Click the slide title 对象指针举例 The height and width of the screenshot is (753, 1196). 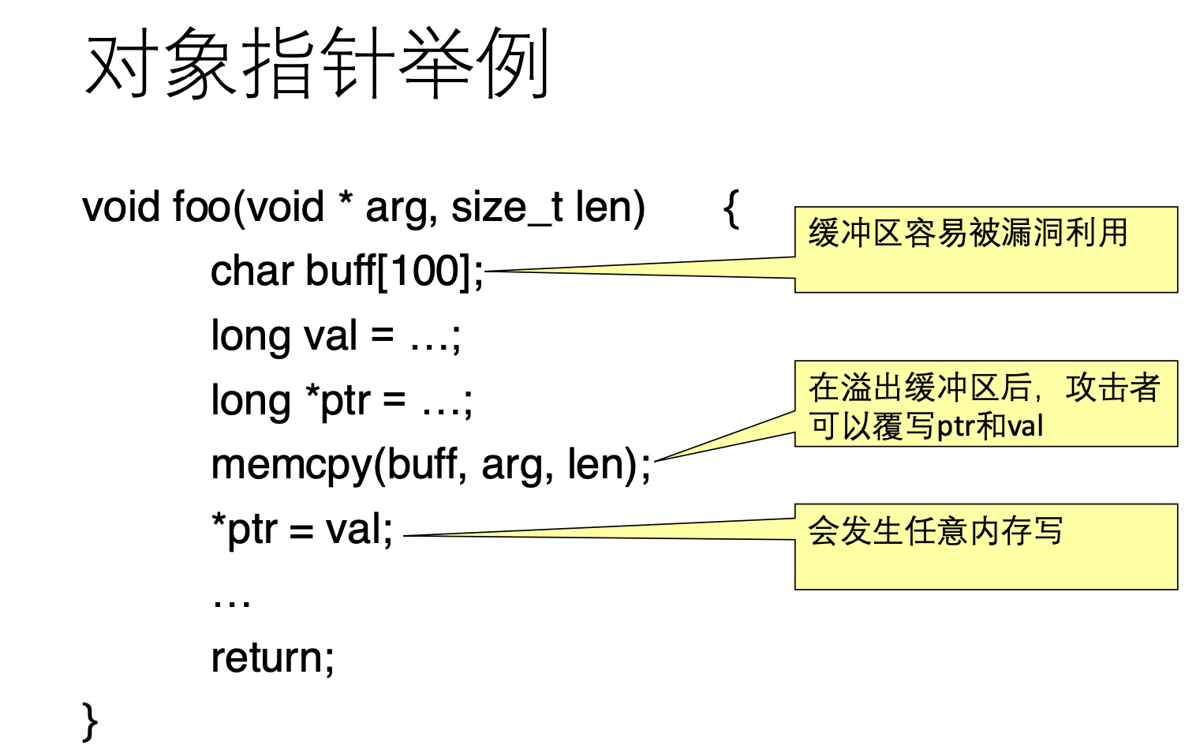pos(316,63)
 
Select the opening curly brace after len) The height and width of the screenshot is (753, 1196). pos(731,208)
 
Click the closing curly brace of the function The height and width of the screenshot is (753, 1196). pos(90,721)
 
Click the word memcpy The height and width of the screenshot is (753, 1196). pos(292,466)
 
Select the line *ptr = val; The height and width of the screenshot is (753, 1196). pos(302,530)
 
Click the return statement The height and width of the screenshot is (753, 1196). pos(272,657)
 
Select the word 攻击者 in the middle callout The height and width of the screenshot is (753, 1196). pos(1112,388)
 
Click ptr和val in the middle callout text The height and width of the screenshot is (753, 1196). pos(990,427)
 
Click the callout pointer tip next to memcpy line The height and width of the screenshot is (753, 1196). pos(656,460)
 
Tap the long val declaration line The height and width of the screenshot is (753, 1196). pos(335,336)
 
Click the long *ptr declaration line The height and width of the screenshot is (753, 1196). pos(342,401)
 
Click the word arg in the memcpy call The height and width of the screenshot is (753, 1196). pos(505,466)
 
